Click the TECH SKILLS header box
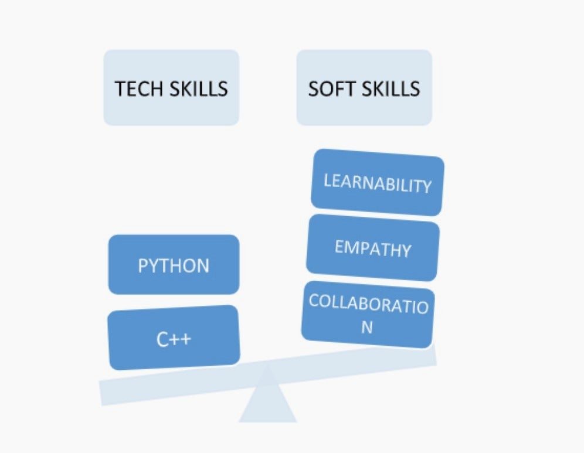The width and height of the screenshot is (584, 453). pos(171,87)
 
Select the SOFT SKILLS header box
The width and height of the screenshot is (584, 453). pos(364,87)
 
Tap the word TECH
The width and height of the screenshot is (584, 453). pos(138,89)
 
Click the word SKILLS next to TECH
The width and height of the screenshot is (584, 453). pos(199,89)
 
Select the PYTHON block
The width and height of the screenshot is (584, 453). pos(174,264)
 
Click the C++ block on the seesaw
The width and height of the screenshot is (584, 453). pos(174,338)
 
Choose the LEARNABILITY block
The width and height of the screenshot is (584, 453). pos(377,182)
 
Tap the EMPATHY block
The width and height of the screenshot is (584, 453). pos(373,247)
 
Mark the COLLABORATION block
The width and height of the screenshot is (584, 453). pos(368,315)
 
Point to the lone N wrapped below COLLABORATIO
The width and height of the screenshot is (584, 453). pos(367,328)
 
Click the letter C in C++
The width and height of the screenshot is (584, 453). pos(163,339)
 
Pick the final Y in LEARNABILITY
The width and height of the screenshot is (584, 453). pos(426,186)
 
